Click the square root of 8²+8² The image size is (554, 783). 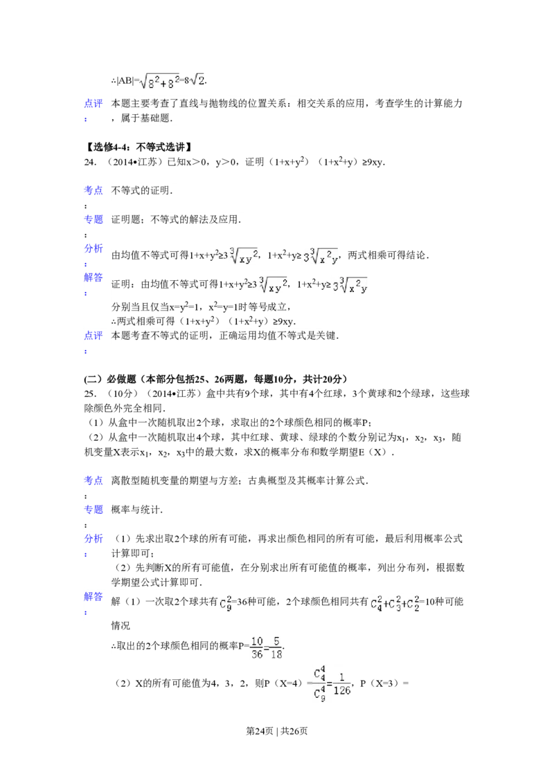pyautogui.click(x=160, y=82)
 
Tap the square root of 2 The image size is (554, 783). pyautogui.click(x=197, y=82)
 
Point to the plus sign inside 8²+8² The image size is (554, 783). pyautogui.click(x=165, y=83)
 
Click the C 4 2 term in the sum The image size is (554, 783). pyautogui.click(x=375, y=605)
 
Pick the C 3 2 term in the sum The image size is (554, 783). pyautogui.click(x=394, y=605)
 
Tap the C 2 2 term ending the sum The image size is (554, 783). pyautogui.click(x=412, y=605)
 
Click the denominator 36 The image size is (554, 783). pyautogui.click(x=257, y=654)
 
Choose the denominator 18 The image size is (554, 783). pyautogui.click(x=275, y=654)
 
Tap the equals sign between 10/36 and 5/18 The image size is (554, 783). pyautogui.click(x=266, y=648)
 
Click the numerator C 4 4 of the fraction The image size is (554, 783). pyautogui.click(x=319, y=673)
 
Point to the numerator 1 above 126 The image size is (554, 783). pyautogui.click(x=341, y=675)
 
